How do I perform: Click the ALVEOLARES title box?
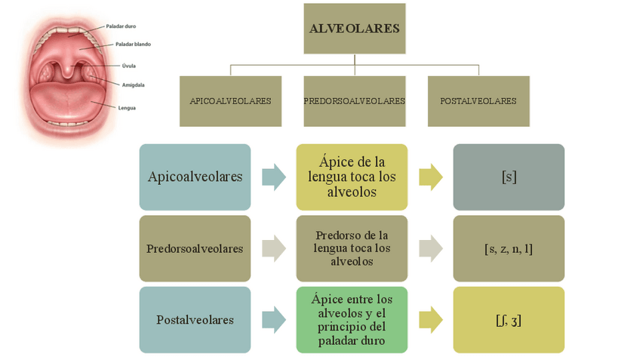354,29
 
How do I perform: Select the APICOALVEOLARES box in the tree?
230,101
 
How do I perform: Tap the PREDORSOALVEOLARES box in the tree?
354,101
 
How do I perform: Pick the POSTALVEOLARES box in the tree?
478,101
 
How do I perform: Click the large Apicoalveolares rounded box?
195,177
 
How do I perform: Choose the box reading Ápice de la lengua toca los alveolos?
351,177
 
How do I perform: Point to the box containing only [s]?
509,177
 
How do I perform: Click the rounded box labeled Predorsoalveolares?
195,248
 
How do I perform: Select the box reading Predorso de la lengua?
351,248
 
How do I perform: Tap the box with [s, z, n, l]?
509,248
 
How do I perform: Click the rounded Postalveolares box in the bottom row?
195,319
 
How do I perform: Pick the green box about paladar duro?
351,319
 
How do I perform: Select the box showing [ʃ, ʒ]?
509,319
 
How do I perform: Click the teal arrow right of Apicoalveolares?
273,177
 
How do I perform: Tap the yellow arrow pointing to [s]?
430,177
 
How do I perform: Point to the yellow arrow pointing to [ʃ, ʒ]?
430,319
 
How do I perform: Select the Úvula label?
129,66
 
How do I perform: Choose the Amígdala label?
133,85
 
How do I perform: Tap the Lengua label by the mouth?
127,108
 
